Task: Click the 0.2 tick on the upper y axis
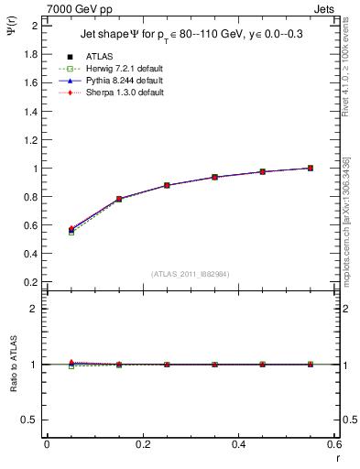32,283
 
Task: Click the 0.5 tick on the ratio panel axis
32,420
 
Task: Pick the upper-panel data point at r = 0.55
311,168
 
